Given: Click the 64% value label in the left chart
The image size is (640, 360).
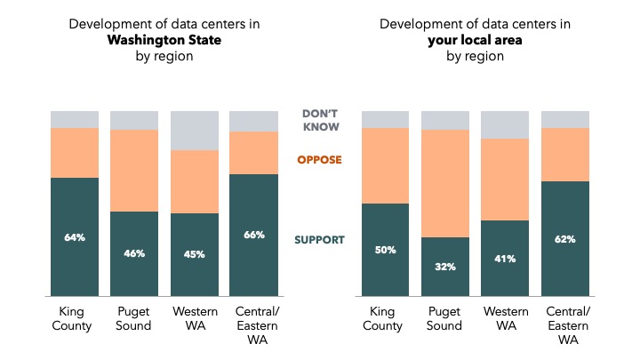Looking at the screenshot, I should click(75, 237).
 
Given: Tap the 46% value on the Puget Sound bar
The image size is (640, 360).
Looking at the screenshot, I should click(134, 253).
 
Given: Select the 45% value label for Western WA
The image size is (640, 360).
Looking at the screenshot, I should click(194, 254).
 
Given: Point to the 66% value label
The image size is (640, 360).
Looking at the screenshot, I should click(253, 236).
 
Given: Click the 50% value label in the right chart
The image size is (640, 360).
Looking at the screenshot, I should click(386, 250).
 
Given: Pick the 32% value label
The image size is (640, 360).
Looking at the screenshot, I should click(445, 267).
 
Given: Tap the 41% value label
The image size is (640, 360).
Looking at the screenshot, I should click(505, 259).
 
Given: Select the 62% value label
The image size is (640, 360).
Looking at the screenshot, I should click(564, 239).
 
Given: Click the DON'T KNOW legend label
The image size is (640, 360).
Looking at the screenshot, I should click(320, 120).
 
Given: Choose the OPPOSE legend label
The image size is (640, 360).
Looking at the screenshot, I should click(320, 160).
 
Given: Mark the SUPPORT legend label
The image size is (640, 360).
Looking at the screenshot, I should click(320, 240).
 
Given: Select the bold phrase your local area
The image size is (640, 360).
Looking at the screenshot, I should click(476, 40).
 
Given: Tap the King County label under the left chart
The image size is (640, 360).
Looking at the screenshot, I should click(75, 319).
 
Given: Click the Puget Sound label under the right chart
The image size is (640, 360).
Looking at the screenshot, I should click(445, 319).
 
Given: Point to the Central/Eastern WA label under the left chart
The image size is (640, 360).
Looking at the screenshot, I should click(253, 326).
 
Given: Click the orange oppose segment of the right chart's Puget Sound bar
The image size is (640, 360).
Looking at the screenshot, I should click(445, 183).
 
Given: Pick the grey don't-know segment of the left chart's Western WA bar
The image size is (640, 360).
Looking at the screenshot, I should click(194, 131).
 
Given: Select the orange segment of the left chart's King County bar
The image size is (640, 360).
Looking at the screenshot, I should click(75, 153).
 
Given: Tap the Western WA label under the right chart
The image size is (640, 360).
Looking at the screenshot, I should click(505, 319).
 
